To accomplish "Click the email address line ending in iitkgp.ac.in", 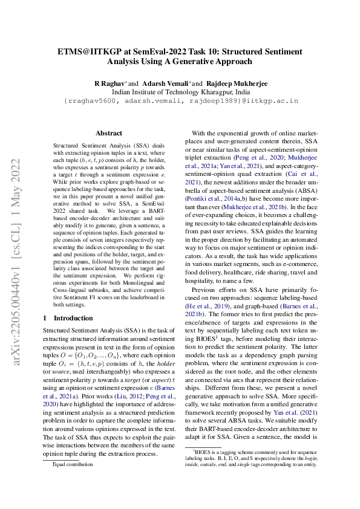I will [181, 100].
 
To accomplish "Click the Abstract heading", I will [109, 133].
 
